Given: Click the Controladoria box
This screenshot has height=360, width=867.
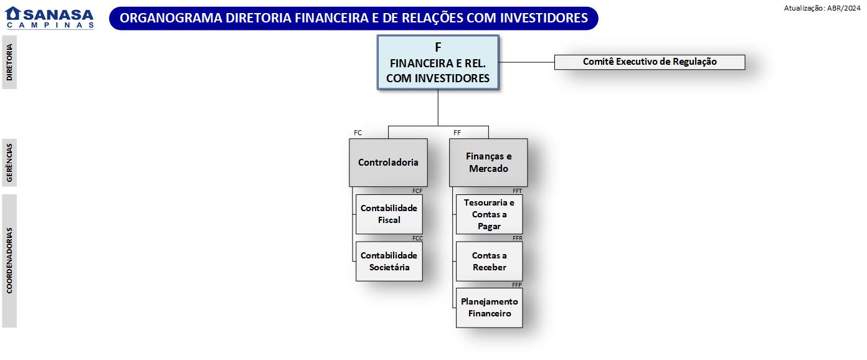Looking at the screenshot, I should [x=388, y=163].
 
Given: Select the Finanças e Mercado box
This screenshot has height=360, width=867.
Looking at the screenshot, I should [x=488, y=163].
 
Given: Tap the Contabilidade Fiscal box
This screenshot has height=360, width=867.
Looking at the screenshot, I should [x=389, y=214].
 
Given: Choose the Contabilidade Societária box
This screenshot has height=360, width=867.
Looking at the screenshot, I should [x=389, y=262].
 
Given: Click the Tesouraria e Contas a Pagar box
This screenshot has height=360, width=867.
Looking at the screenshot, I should [x=489, y=214].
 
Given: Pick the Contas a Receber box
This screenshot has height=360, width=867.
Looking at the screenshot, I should [x=489, y=262].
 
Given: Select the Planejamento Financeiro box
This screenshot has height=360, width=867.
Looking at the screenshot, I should [x=489, y=308].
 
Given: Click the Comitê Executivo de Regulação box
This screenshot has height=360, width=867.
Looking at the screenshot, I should [x=650, y=62].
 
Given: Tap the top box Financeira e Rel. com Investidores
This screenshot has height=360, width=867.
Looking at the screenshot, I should [x=438, y=63].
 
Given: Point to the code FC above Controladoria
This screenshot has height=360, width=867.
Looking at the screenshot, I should [x=358, y=133].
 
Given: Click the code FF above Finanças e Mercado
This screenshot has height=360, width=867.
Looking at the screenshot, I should [x=457, y=133].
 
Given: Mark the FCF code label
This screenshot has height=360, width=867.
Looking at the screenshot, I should [x=417, y=191].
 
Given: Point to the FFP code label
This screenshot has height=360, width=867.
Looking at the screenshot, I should [x=517, y=285].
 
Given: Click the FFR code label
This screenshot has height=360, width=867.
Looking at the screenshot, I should [x=517, y=239].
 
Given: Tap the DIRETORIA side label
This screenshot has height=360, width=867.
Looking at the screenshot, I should [x=9, y=62].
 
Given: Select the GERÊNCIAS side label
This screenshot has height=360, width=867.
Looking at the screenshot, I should [x=9, y=163].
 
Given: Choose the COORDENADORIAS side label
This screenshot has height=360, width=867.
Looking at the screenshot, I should [x=9, y=260].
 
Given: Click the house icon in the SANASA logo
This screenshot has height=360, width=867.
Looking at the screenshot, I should [x=13, y=14].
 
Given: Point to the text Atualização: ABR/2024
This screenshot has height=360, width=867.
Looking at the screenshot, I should [x=822, y=8].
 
